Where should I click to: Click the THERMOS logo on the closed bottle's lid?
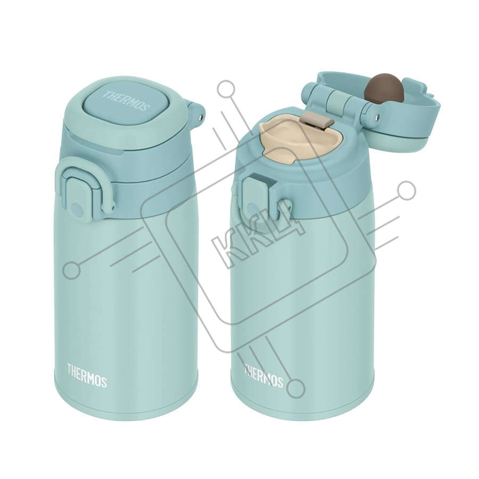pyautogui.click(x=126, y=100)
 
